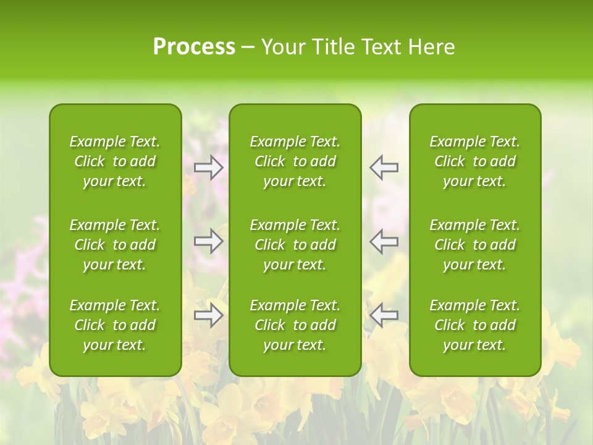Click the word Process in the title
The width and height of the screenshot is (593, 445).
(x=194, y=47)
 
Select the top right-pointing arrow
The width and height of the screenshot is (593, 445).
(x=209, y=167)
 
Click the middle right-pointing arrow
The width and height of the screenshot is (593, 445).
(x=209, y=241)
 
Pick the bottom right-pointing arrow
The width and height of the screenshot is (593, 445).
(x=209, y=315)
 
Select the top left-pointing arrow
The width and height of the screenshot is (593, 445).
(x=384, y=167)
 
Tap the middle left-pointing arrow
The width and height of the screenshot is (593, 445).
(x=384, y=241)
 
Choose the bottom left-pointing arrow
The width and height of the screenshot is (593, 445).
(x=384, y=315)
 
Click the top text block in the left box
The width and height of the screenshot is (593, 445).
(x=115, y=161)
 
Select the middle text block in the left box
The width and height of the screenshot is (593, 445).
(x=115, y=245)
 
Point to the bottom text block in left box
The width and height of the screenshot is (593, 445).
(x=115, y=325)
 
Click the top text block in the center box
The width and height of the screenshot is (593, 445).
(x=295, y=161)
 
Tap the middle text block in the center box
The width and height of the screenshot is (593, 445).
(x=295, y=245)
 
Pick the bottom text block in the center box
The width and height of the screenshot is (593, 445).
(x=295, y=325)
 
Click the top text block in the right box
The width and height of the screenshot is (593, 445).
(x=474, y=161)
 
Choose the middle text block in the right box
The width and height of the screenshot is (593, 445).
(x=474, y=245)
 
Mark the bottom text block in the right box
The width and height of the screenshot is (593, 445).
(x=474, y=325)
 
